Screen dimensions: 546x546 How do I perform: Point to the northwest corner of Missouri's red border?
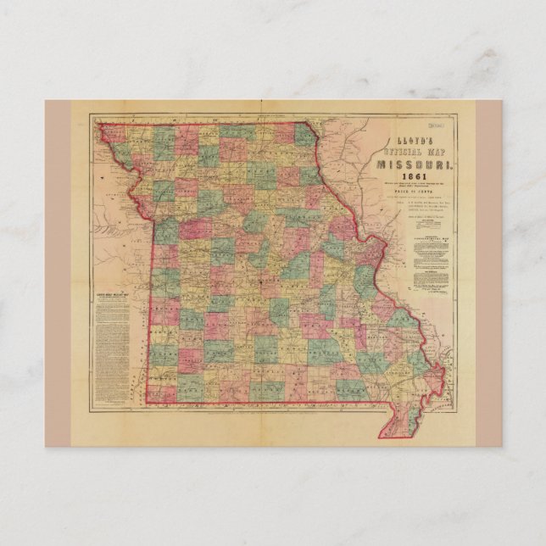tap(99, 125)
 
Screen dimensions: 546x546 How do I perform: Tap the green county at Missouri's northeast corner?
tap(304, 134)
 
